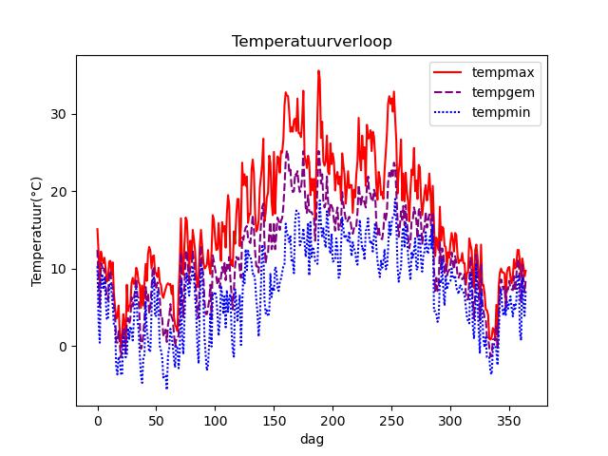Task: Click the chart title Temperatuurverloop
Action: click(x=313, y=42)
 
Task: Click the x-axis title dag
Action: click(x=313, y=440)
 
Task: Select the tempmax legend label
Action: click(x=510, y=72)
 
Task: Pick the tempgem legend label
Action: click(x=510, y=93)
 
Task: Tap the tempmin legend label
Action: click(x=509, y=114)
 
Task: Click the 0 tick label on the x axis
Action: click(x=98, y=420)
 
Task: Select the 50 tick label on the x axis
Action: click(x=156, y=420)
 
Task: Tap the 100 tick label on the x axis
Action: click(x=215, y=420)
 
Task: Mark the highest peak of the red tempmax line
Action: click(x=318, y=70)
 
